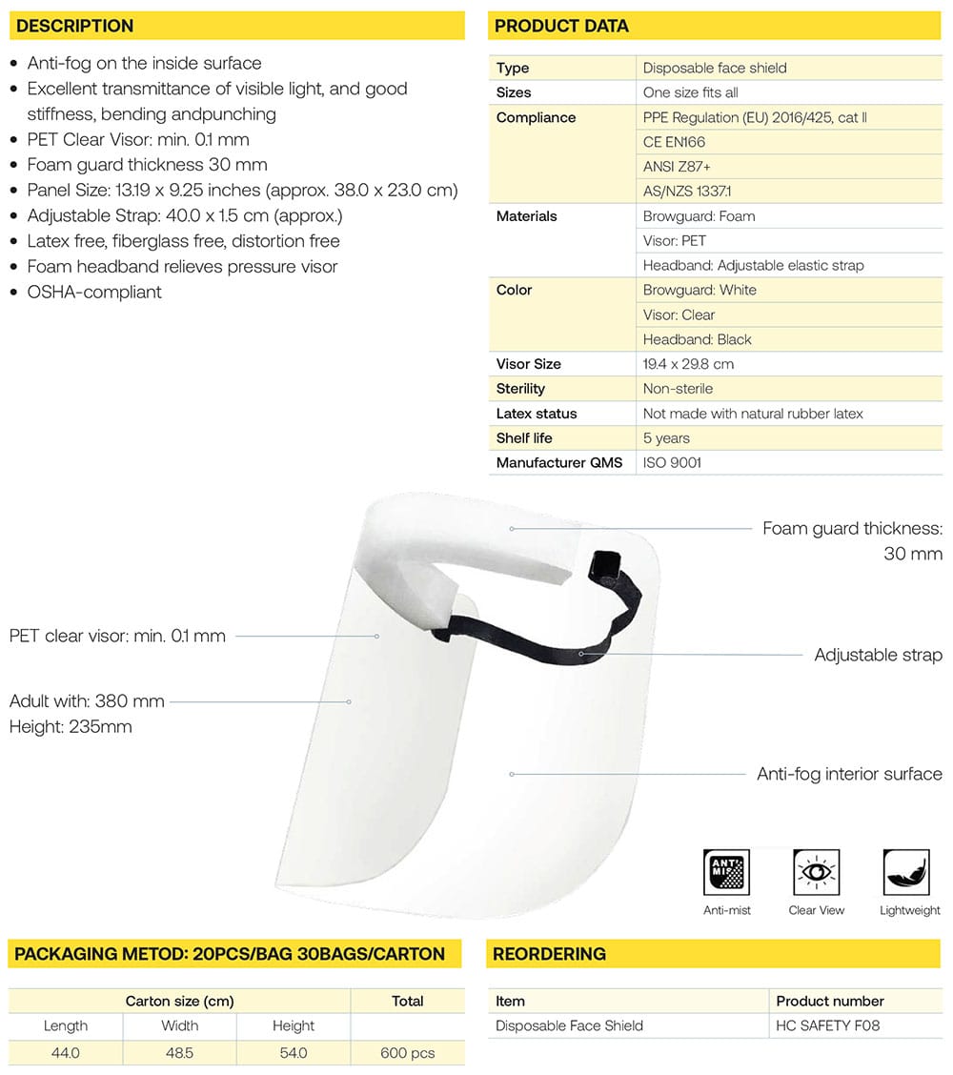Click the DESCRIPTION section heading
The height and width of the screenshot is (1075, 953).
pyautogui.click(x=74, y=26)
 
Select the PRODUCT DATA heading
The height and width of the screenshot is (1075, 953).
pyautogui.click(x=561, y=26)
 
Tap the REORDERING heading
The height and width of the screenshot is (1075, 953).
pyautogui.click(x=550, y=954)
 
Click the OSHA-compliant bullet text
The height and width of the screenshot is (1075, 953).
pyautogui.click(x=94, y=292)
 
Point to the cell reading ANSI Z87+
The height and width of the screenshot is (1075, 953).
pyautogui.click(x=677, y=167)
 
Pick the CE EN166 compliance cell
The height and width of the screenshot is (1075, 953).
pyautogui.click(x=674, y=142)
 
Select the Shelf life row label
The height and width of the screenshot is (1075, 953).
pyautogui.click(x=524, y=438)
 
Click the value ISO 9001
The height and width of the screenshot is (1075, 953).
pyautogui.click(x=672, y=463)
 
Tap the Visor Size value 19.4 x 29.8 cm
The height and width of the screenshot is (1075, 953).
pyautogui.click(x=688, y=364)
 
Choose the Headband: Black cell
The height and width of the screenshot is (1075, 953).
pyautogui.click(x=697, y=339)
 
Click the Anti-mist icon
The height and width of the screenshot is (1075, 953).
pyautogui.click(x=726, y=872)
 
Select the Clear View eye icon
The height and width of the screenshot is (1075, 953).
pyautogui.click(x=817, y=872)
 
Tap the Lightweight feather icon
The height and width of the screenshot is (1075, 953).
pyautogui.click(x=905, y=872)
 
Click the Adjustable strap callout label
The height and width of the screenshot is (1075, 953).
pyautogui.click(x=878, y=655)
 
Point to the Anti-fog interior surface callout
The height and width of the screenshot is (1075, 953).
pyautogui.click(x=849, y=774)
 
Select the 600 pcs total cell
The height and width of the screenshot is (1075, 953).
pyautogui.click(x=408, y=1053)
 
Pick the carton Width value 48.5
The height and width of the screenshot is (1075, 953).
pyautogui.click(x=179, y=1053)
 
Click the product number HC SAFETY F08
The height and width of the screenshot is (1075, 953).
pyautogui.click(x=828, y=1026)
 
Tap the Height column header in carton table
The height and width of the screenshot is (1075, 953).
pyautogui.click(x=294, y=1026)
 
